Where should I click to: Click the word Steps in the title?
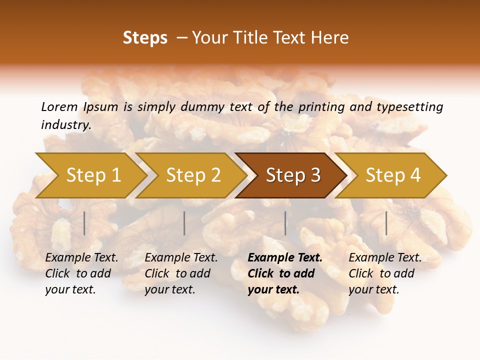145,38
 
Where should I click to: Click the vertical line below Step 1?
84,223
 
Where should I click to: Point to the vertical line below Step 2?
184,223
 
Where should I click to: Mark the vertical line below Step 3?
285,223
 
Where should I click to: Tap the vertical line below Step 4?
386,223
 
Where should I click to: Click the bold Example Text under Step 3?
285,273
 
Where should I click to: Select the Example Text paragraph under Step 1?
81,273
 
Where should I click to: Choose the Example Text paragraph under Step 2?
181,273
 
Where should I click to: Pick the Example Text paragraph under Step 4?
385,273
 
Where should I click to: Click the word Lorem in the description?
59,107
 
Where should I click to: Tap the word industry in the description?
65,125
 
